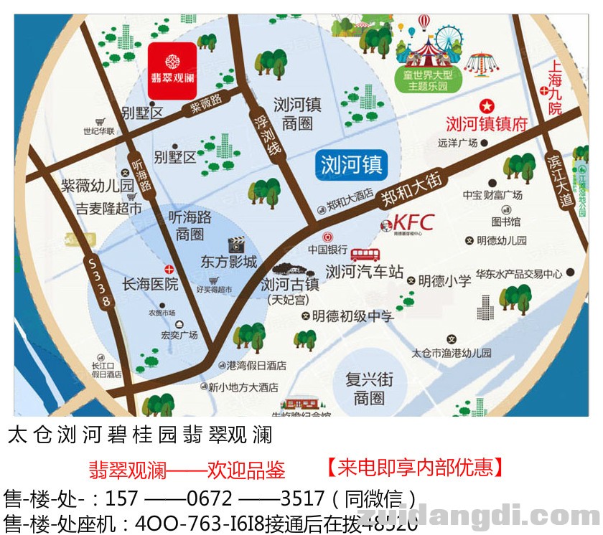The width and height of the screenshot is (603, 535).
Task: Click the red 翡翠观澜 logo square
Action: (172, 70)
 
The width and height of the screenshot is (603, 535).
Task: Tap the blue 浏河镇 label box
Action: (351, 164)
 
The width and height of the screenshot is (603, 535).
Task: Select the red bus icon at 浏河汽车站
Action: (365, 255)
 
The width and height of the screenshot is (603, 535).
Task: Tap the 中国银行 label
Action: (327, 250)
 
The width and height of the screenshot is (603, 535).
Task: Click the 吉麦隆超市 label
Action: (109, 209)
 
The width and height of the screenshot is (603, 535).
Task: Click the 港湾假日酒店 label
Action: (256, 366)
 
